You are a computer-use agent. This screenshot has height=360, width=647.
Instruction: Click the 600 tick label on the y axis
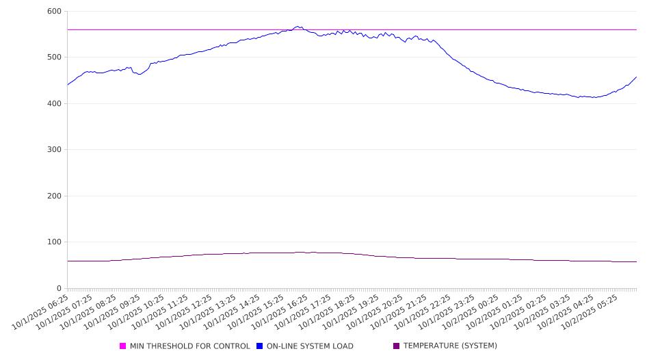[54, 12]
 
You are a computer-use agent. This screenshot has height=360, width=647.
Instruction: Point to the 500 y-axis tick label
[54, 57]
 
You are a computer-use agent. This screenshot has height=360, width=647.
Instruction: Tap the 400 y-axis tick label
[54, 104]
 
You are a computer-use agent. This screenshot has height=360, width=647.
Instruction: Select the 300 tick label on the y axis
[54, 150]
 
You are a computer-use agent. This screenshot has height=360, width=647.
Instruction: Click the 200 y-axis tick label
[54, 196]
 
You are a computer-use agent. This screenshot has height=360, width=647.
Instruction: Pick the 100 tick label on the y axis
[54, 242]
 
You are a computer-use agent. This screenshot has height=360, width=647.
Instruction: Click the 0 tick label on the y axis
[58, 288]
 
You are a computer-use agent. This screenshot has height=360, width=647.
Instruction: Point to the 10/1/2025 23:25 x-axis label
[449, 311]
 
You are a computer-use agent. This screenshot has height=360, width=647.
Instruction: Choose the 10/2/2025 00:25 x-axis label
[473, 311]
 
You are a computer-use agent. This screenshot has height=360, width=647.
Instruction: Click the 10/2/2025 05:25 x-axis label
[593, 311]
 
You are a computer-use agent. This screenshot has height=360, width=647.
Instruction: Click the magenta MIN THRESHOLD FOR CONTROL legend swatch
[123, 346]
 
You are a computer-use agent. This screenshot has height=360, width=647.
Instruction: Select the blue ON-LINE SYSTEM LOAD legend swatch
[260, 346]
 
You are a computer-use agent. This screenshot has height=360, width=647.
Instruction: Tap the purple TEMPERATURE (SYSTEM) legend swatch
[397, 346]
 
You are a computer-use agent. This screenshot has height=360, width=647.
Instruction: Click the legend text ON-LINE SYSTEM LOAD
[310, 346]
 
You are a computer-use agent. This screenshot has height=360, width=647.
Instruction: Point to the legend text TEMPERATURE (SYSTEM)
[450, 346]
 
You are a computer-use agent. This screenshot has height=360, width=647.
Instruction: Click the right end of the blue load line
[636, 77]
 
